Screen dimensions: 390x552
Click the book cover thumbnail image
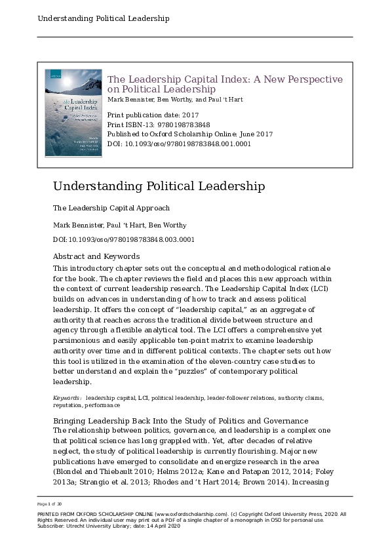pyautogui.click(x=73, y=113)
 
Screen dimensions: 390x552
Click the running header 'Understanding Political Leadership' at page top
pyautogui.click(x=104, y=18)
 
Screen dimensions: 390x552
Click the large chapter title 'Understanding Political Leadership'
pyautogui.click(x=159, y=186)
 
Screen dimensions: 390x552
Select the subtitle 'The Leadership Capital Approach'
pyautogui.click(x=111, y=208)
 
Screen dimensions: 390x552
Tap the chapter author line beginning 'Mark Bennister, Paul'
pyautogui.click(x=119, y=226)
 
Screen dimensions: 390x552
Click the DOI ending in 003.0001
pyautogui.click(x=123, y=240)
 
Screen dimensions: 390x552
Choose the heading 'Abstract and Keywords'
pyautogui.click(x=96, y=256)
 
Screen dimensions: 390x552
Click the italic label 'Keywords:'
pyautogui.click(x=68, y=397)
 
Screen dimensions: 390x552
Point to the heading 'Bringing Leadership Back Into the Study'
pyautogui.click(x=180, y=420)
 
